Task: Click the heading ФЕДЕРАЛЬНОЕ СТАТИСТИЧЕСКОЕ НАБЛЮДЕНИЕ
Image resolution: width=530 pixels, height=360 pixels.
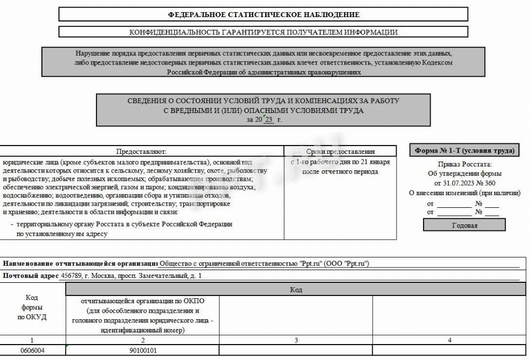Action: (x=263, y=14)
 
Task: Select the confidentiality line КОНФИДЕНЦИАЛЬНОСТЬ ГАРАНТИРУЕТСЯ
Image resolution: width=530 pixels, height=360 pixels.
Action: (x=263, y=32)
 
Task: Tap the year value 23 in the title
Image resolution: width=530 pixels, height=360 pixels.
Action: (x=269, y=119)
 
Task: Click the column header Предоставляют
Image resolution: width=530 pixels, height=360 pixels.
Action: (x=141, y=151)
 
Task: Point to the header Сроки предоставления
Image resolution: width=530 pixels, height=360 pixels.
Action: (x=340, y=151)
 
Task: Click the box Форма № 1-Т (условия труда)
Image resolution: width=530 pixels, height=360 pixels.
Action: (x=464, y=151)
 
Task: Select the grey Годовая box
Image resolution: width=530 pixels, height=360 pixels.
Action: (x=464, y=225)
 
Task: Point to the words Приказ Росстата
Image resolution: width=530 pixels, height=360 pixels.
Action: (x=464, y=164)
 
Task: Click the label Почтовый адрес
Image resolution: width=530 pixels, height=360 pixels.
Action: (x=31, y=275)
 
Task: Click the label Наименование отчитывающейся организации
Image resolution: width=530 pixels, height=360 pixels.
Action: (x=80, y=264)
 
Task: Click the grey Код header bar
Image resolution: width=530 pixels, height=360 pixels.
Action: (x=296, y=289)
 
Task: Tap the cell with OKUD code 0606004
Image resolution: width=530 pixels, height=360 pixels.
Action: (x=33, y=350)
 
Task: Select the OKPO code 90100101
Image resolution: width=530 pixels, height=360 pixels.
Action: (x=143, y=350)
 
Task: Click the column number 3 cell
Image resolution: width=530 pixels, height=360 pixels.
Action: (x=296, y=340)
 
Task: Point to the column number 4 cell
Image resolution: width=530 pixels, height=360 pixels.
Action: (x=449, y=340)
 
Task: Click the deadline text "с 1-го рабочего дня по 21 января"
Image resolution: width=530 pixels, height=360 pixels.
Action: (x=340, y=162)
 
